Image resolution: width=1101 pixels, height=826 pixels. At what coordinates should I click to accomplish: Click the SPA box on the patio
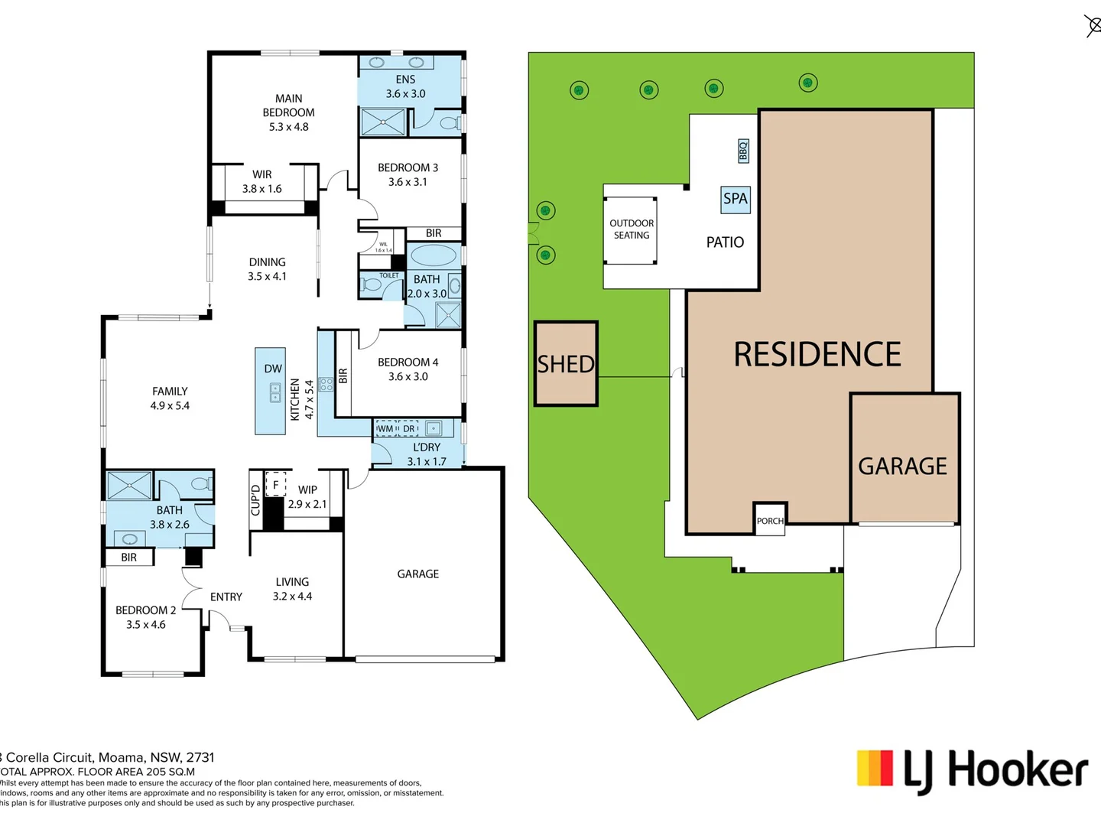[x=735, y=199]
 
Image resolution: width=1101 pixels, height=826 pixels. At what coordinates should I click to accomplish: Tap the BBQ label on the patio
[x=742, y=151]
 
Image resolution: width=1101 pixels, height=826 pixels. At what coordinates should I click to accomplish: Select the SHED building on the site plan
[x=566, y=364]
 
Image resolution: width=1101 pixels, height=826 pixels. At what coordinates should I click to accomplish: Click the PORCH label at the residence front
[x=770, y=521]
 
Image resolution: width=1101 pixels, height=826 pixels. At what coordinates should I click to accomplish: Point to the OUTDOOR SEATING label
[x=632, y=229]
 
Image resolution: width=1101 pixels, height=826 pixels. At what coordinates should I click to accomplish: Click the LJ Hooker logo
[x=972, y=770]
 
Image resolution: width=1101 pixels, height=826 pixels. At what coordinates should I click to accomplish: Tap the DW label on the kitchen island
[x=273, y=369]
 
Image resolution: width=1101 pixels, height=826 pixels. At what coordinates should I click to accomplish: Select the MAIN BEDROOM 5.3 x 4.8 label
[x=288, y=112]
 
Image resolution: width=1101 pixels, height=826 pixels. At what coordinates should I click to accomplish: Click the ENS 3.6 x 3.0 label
[x=405, y=86]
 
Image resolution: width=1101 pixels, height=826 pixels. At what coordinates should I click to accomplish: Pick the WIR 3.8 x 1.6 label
[x=262, y=181]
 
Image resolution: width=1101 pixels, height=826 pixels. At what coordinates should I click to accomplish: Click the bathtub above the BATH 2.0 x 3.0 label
[x=434, y=255]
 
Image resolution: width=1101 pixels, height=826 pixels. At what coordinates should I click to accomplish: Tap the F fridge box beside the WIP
[x=275, y=485]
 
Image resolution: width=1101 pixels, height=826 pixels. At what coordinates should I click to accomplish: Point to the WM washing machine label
[x=385, y=429]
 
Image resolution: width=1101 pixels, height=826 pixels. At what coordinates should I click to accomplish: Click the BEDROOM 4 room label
[x=408, y=369]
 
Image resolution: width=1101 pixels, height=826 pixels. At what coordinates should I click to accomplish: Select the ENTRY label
[x=226, y=597]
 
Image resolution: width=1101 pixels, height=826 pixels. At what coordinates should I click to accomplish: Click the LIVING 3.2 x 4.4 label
[x=292, y=589]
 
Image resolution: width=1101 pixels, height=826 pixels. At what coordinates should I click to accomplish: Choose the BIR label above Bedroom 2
[x=129, y=558]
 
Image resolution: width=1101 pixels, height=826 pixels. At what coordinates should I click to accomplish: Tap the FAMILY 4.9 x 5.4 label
[x=170, y=398]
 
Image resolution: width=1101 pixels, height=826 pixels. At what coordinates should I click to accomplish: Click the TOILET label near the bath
[x=389, y=275]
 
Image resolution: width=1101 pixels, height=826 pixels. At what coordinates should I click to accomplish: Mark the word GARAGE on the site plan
[x=902, y=466]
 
